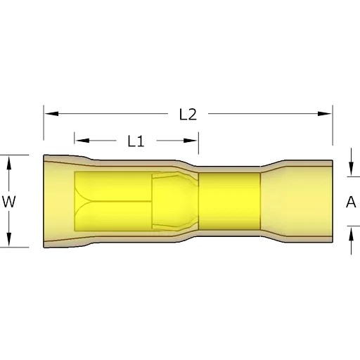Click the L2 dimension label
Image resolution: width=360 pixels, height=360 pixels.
pyautogui.click(x=188, y=115)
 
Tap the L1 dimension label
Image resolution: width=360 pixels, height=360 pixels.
pyautogui.click(x=136, y=141)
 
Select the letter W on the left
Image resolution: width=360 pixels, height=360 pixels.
pyautogui.click(x=9, y=201)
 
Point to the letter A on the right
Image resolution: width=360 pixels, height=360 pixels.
pyautogui.click(x=351, y=202)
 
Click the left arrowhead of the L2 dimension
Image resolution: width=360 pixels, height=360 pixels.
pyautogui.click(x=51, y=114)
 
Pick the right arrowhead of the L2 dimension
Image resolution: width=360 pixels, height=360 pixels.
pyautogui.click(x=325, y=114)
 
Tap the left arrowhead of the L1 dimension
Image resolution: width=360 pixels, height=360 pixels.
pyautogui.click(x=82, y=141)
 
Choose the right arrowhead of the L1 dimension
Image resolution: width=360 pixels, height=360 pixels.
pyautogui.click(x=191, y=141)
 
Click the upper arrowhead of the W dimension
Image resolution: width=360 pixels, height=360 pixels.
pyautogui.click(x=9, y=163)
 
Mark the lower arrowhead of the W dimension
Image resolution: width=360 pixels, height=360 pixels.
pyautogui.click(x=9, y=239)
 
